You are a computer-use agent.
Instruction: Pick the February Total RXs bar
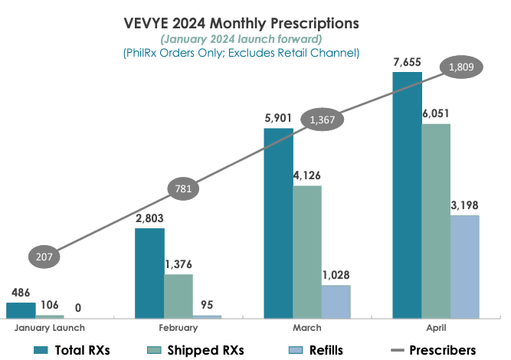tap(149, 272)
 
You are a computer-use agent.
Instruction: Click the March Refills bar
tap(336, 301)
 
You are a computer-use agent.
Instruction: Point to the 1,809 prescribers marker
tap(461, 68)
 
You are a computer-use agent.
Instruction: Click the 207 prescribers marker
tap(44, 257)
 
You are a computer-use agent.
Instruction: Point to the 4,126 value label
tap(306, 176)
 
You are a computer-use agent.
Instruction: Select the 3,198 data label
tap(464, 205)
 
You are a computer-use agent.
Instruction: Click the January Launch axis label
tap(49, 328)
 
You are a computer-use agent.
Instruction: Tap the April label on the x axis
tap(435, 328)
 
